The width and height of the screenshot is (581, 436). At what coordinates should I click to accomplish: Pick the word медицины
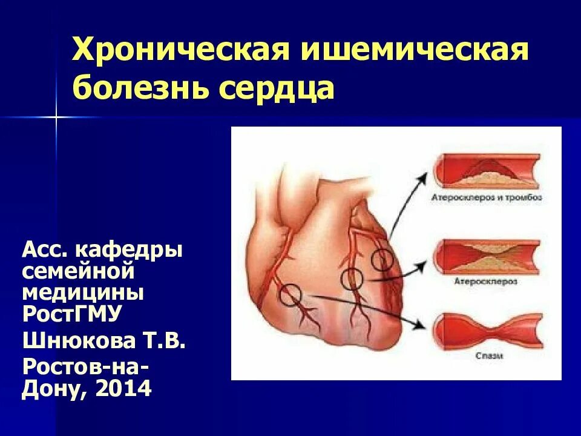[x=83, y=292]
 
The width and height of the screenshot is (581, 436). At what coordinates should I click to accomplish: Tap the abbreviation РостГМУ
[x=72, y=314]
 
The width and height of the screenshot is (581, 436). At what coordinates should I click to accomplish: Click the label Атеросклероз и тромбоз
[x=487, y=197]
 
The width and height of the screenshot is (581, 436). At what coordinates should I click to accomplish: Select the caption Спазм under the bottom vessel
[x=487, y=357]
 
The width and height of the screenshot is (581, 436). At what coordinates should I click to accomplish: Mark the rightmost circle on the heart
[x=382, y=260]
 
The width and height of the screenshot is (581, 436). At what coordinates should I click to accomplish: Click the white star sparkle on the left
[x=56, y=117]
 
